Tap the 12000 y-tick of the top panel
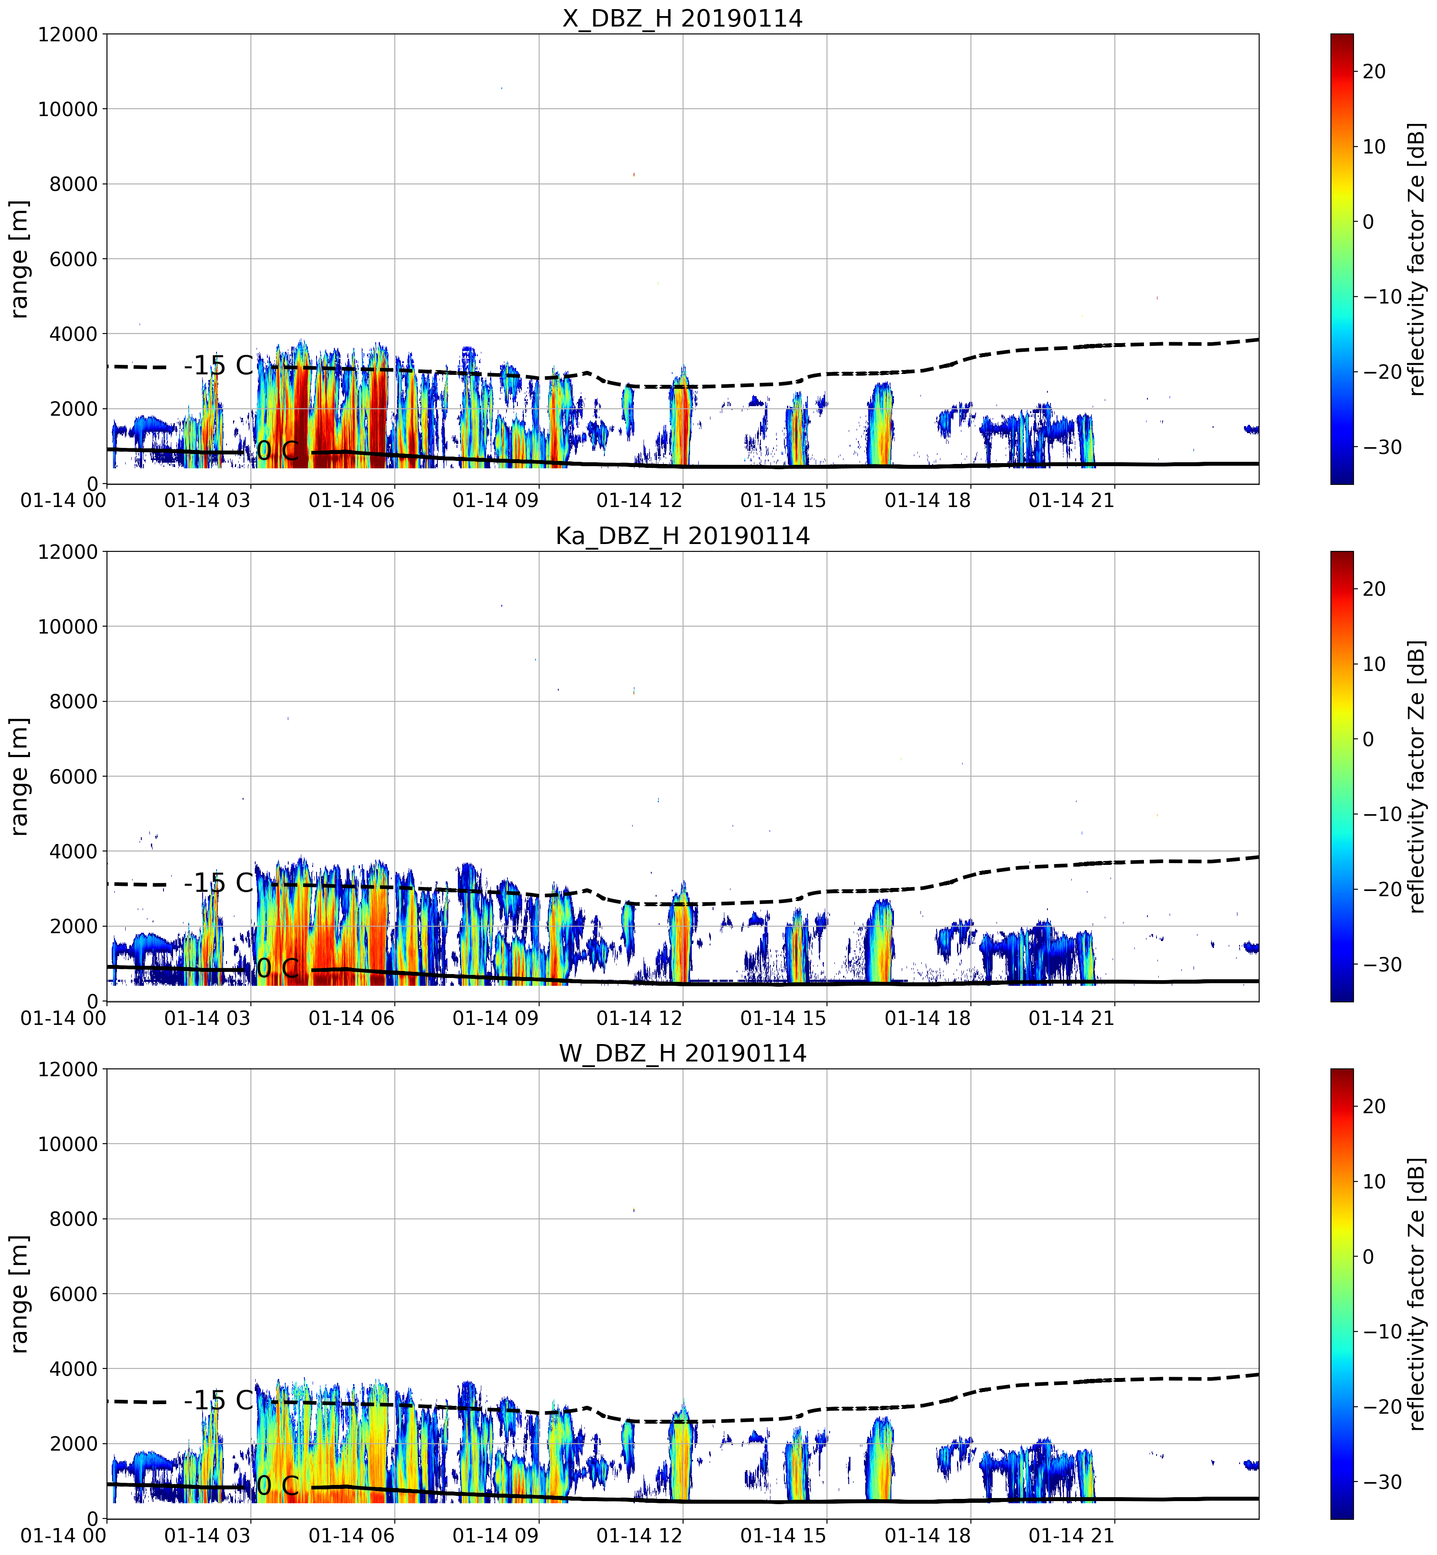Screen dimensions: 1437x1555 click(x=68, y=34)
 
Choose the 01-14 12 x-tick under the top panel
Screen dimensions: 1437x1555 click(x=639, y=500)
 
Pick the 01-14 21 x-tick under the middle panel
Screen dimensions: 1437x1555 click(x=1071, y=1018)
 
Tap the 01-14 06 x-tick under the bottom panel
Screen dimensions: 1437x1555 click(x=351, y=1535)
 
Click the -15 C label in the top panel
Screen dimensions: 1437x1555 click(x=219, y=365)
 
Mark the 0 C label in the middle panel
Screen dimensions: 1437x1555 click(x=277, y=969)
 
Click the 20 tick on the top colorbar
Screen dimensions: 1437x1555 click(x=1374, y=71)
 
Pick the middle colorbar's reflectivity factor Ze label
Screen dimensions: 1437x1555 click(x=1417, y=776)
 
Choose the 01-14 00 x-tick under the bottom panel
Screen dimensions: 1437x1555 click(x=64, y=1535)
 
